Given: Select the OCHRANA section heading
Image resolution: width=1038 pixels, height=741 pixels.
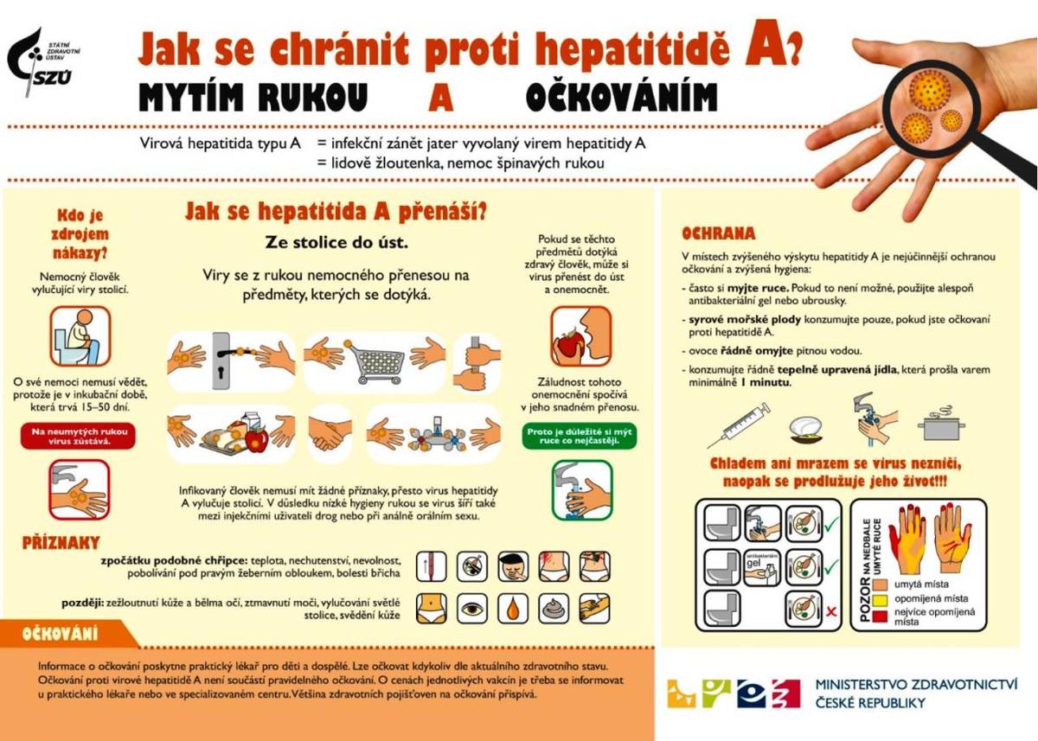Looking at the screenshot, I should (x=718, y=233).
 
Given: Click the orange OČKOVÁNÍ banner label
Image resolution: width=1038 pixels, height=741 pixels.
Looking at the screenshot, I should (x=61, y=634).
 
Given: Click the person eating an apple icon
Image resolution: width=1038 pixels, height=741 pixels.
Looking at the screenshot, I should (x=580, y=335).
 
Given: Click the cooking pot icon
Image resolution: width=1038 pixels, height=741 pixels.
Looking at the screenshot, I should (x=943, y=425).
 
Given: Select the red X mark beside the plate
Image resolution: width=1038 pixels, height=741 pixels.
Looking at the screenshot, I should (x=831, y=610).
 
